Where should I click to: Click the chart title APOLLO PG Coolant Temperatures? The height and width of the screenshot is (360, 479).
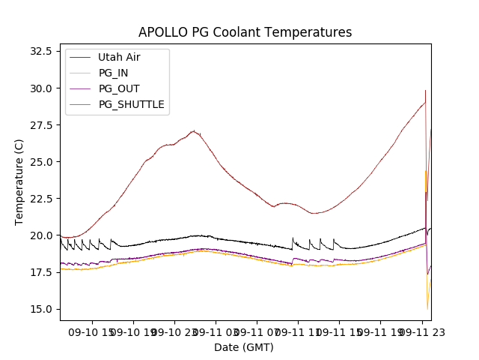tap(245, 32)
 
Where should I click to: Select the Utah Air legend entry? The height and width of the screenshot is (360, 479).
tap(119, 57)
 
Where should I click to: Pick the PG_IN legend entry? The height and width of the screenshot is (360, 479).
tap(115, 73)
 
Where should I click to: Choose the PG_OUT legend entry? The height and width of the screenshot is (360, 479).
tap(119, 88)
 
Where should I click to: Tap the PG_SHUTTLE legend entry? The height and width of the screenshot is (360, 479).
tap(131, 104)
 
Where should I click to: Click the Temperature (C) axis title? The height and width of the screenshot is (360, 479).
tap(19, 182)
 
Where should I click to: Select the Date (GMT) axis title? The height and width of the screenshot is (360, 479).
tap(244, 347)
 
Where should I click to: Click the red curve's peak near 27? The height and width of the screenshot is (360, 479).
tap(194, 131)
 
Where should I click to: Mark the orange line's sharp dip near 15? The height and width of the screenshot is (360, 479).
tap(427, 308)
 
